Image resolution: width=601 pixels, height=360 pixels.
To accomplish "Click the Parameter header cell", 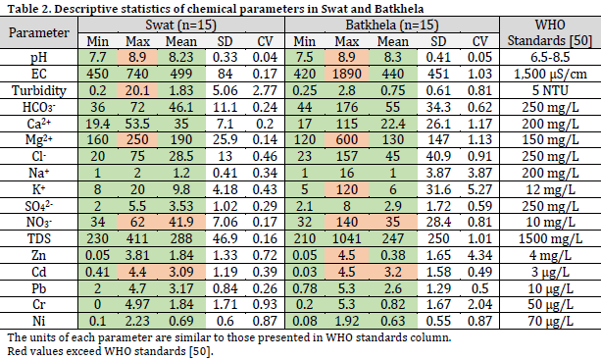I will [x=39, y=32].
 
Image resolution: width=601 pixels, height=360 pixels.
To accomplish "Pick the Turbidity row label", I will [x=39, y=89].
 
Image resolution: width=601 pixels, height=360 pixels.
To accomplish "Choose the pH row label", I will [x=39, y=59].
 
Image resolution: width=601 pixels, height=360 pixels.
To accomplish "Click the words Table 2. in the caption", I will [x=24, y=7].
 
